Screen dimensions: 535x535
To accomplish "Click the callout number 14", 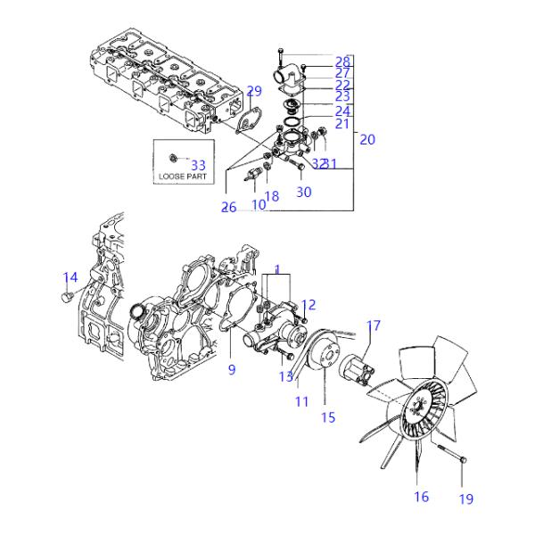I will coord(70,277).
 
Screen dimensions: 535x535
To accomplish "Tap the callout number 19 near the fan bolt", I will coord(466,498).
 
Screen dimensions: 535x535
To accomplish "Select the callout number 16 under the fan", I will coord(421,496).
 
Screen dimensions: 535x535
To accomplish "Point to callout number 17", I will coord(374,325).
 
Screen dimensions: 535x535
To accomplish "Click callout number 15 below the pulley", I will coord(328,416).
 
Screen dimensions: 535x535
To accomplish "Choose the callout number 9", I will coord(231,370).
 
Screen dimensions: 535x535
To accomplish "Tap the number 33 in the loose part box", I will coord(198,165).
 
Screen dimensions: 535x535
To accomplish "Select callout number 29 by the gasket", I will coord(254,91).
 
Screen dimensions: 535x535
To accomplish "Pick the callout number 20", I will coord(367,138).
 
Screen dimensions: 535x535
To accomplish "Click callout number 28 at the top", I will coord(342,62).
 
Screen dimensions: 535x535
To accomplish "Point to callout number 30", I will coord(303,192).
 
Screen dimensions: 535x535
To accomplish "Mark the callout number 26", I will coord(229,208).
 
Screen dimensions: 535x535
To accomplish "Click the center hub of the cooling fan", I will coord(416,411).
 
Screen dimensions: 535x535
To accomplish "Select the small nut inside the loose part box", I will coord(173,158).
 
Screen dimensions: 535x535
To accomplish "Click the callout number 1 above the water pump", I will coord(277,268).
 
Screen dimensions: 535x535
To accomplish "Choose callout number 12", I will coord(309,305).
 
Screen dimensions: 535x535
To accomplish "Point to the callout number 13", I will coord(285,376).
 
